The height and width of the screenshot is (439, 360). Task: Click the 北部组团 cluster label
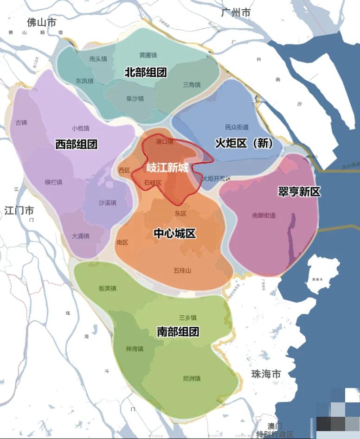(145, 72)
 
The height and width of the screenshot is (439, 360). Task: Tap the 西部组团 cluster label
(76, 144)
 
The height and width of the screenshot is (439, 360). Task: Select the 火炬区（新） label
(244, 143)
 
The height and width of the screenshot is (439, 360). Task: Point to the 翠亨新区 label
(299, 191)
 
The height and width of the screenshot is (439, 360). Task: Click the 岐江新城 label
(167, 167)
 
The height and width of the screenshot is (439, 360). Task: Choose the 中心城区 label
(174, 233)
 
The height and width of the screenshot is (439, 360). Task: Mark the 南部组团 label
(178, 331)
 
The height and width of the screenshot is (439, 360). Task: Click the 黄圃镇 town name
(148, 55)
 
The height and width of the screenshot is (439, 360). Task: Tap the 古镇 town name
(21, 123)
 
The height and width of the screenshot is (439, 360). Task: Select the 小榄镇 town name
(80, 128)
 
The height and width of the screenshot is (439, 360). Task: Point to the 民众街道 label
(237, 127)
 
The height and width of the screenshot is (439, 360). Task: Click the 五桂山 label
(182, 270)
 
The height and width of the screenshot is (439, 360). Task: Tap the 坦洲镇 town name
(192, 378)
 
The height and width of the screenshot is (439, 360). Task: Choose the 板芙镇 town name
(108, 288)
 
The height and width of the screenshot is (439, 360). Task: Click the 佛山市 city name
(41, 22)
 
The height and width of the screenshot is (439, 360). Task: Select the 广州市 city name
(236, 13)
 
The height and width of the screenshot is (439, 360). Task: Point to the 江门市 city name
(19, 210)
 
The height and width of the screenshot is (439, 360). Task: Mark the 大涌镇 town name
(80, 236)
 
